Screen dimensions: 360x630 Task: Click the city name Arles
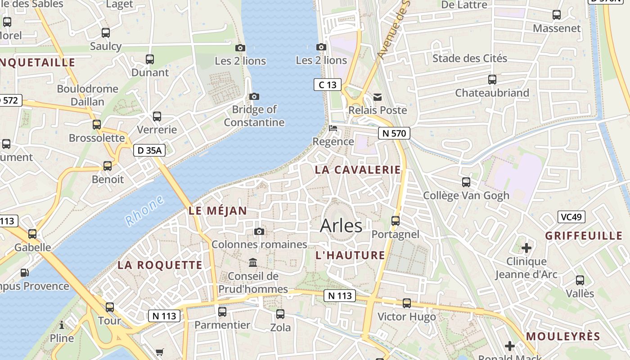pyautogui.click(x=341, y=226)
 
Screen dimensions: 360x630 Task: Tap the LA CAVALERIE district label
pyautogui.click(x=358, y=170)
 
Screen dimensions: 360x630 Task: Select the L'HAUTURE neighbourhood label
pyautogui.click(x=350, y=255)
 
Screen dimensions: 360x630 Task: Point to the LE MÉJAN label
pyautogui.click(x=218, y=211)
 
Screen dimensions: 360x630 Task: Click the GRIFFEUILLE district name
pyautogui.click(x=584, y=236)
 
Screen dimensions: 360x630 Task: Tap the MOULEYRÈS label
pyautogui.click(x=563, y=336)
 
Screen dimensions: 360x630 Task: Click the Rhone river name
pyautogui.click(x=145, y=211)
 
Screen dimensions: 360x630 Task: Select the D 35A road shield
pyautogui.click(x=149, y=150)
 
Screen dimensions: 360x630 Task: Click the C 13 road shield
pyautogui.click(x=327, y=85)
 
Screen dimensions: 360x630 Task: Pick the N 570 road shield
pyautogui.click(x=394, y=133)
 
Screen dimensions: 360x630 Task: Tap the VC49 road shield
pyautogui.click(x=571, y=217)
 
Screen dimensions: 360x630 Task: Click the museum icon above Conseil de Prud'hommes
pyautogui.click(x=253, y=262)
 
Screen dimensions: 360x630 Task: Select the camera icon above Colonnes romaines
pyautogui.click(x=259, y=231)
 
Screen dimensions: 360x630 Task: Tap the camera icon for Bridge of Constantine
pyautogui.click(x=254, y=96)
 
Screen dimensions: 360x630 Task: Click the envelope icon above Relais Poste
pyautogui.click(x=378, y=97)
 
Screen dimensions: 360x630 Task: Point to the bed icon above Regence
pyautogui.click(x=333, y=128)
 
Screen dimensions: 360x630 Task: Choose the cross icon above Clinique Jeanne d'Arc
pyautogui.click(x=526, y=247)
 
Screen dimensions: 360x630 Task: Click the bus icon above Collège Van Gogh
pyautogui.click(x=466, y=182)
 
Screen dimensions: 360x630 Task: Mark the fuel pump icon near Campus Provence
pyautogui.click(x=24, y=272)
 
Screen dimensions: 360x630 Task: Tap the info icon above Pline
pyautogui.click(x=62, y=324)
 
